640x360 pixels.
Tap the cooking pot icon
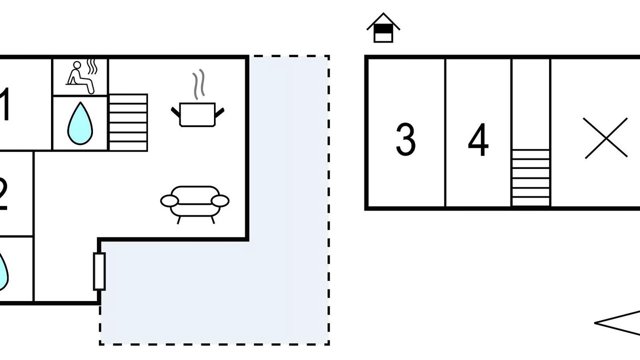(x=197, y=114)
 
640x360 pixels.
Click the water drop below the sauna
(x=80, y=124)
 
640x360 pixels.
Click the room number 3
(x=405, y=139)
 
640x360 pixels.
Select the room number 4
(x=478, y=140)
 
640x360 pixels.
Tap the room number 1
(x=5, y=104)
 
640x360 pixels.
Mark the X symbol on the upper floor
(x=606, y=138)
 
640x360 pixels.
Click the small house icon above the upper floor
(x=383, y=28)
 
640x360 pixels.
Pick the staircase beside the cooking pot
(x=128, y=122)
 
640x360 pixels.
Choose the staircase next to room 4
(x=530, y=177)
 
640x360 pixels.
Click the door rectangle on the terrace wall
(x=99, y=271)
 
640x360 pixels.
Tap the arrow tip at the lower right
(x=596, y=323)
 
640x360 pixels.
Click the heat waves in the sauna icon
(x=92, y=66)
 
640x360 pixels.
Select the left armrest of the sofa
(x=169, y=201)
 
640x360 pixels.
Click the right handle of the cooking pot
(x=219, y=111)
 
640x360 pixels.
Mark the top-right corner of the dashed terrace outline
(x=328, y=56)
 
